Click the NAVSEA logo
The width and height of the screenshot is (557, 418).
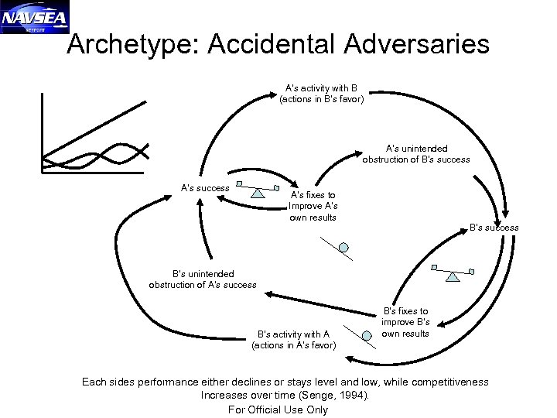point(35,16)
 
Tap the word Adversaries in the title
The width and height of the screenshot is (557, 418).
point(419,44)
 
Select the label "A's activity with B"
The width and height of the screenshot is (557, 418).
point(321,92)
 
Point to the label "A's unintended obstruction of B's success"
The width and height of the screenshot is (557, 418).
point(416,153)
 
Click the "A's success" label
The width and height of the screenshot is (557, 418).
point(205,187)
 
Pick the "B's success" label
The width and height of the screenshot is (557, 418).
point(494,228)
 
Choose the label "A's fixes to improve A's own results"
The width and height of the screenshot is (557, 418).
point(313,207)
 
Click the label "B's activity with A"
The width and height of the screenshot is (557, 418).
point(294,340)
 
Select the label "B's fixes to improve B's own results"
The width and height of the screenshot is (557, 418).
point(405,322)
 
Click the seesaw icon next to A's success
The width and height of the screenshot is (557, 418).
point(257,188)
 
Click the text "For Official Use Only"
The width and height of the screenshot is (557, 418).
point(278,409)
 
